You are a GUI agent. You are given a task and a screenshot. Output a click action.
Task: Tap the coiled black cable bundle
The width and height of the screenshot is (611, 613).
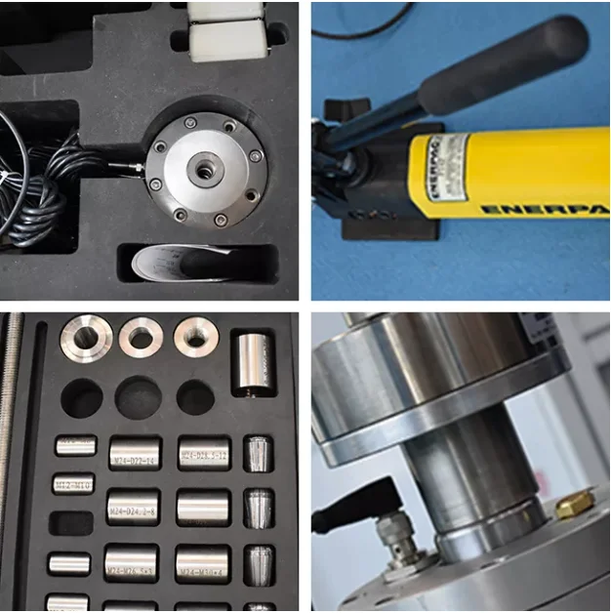(45, 185)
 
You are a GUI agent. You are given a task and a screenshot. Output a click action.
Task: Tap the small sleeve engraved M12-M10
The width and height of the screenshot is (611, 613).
(73, 483)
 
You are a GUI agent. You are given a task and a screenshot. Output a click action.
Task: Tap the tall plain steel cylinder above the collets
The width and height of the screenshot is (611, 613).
(252, 363)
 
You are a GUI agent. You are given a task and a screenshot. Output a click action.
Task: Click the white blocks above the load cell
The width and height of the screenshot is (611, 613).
(225, 29)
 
